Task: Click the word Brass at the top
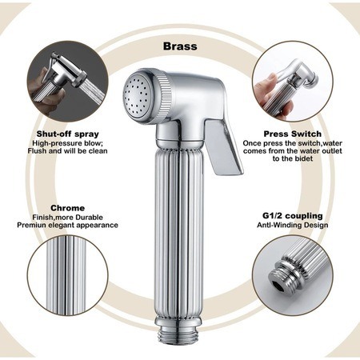(x=180, y=46)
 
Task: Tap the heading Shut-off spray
(x=68, y=134)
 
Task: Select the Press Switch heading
(x=293, y=134)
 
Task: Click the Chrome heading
(x=68, y=208)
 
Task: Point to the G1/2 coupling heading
(x=293, y=215)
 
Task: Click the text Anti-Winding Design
(x=293, y=225)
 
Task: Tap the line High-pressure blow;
(x=67, y=143)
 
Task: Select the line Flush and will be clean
(x=67, y=151)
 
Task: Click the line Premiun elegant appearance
(x=67, y=225)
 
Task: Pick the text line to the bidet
(x=293, y=158)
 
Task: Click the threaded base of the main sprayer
(x=179, y=334)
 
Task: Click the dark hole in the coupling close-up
(x=279, y=286)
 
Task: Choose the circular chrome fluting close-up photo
(x=68, y=275)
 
